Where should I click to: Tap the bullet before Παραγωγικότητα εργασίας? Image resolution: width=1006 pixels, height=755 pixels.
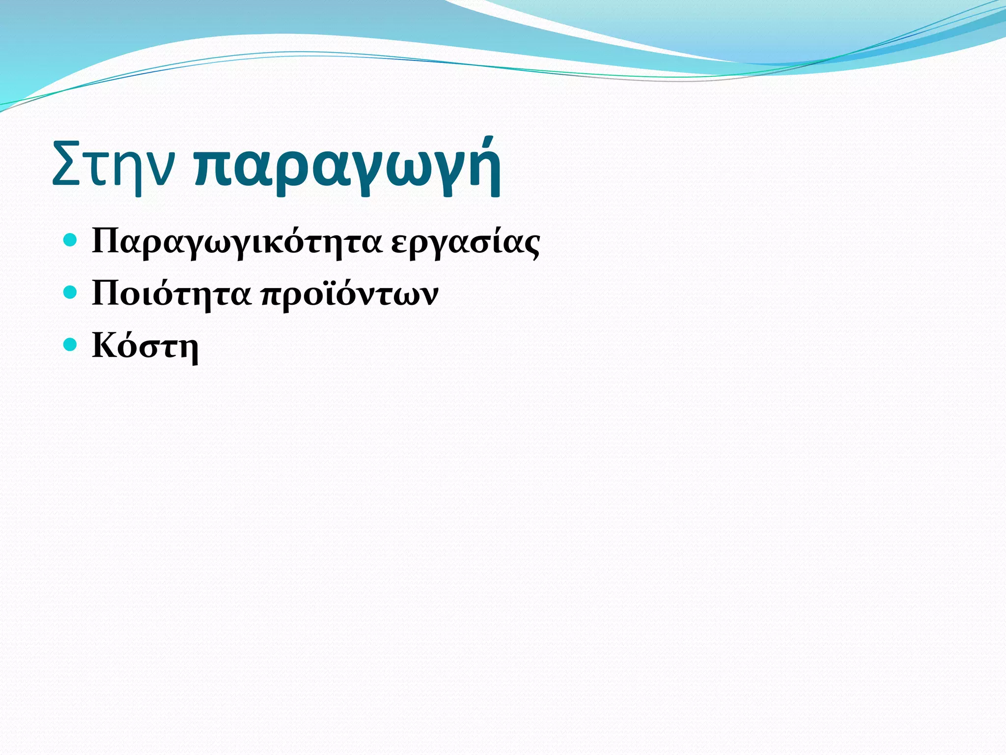tap(71, 240)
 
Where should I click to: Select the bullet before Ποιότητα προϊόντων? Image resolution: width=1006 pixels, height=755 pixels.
tap(71, 292)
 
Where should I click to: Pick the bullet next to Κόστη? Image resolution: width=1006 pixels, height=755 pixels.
tap(71, 345)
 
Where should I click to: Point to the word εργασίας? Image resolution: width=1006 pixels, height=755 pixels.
tap(465, 242)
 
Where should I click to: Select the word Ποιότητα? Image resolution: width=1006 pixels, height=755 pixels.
tap(171, 294)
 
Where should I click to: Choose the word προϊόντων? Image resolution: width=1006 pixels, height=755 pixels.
tap(349, 295)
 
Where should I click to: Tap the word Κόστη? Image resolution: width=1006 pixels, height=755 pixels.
tap(145, 346)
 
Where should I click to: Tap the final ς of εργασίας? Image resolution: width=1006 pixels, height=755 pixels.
tap(531, 245)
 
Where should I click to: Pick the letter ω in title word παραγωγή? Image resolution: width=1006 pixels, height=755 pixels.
tap(404, 170)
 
